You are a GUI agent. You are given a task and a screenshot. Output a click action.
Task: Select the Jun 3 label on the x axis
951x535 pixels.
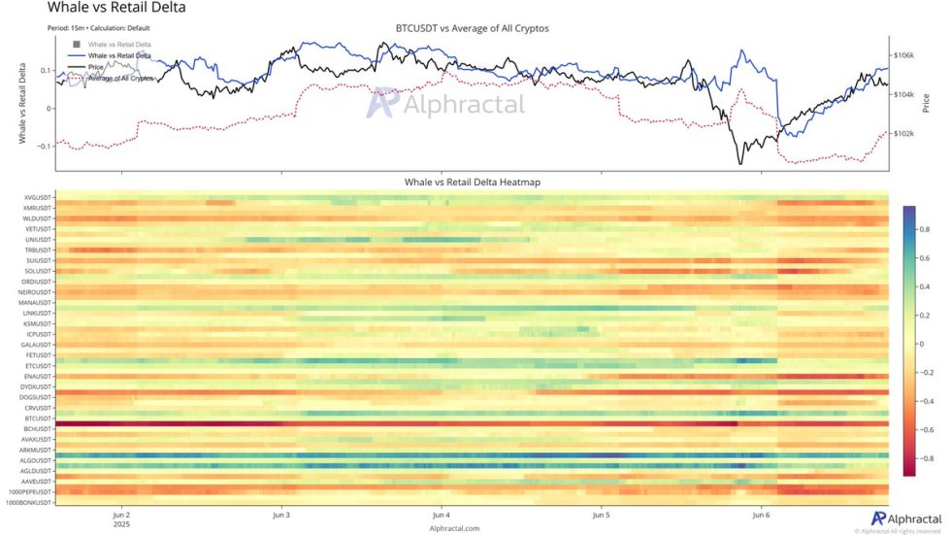[x=281, y=515]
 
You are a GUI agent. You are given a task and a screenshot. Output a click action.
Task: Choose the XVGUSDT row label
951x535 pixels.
[x=36, y=197]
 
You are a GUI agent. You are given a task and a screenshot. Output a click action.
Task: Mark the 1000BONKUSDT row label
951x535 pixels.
[x=29, y=502]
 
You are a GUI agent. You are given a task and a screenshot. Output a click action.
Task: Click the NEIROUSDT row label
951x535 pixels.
[x=34, y=292]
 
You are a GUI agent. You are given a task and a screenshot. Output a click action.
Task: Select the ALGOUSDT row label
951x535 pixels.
[x=35, y=460]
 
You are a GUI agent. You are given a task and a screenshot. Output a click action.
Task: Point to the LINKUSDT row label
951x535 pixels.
[x=36, y=313]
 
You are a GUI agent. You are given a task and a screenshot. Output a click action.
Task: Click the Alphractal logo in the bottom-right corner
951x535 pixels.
[x=907, y=519]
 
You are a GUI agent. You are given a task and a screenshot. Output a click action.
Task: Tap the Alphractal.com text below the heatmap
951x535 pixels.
[x=455, y=528]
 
